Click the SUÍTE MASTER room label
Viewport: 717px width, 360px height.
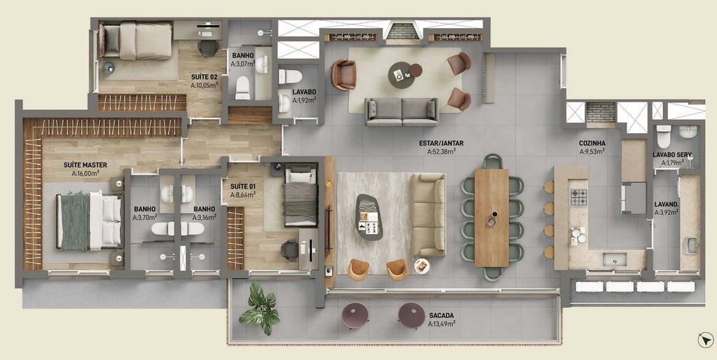[x=85, y=165]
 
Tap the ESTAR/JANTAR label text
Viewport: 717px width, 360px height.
[x=441, y=143]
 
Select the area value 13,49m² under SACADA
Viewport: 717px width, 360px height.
[x=441, y=324]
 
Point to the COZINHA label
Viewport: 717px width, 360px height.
[x=592, y=143]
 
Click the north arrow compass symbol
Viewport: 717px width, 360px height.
[x=706, y=340]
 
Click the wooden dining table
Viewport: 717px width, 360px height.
[x=492, y=218]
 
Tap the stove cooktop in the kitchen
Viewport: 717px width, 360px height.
[x=578, y=198]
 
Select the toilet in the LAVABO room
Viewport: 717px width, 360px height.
[x=290, y=76]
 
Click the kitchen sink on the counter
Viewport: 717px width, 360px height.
[x=615, y=260]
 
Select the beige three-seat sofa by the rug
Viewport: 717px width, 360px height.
[x=429, y=214]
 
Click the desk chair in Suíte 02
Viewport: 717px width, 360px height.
[x=209, y=48]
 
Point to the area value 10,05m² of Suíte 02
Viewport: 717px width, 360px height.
[x=204, y=85]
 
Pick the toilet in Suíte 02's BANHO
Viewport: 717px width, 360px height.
[x=242, y=88]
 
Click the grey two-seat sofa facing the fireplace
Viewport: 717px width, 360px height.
[x=402, y=112]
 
